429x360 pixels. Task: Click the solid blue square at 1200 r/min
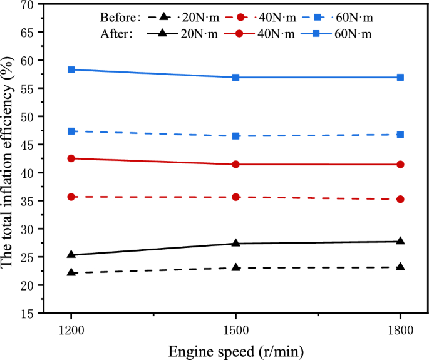click(x=71, y=69)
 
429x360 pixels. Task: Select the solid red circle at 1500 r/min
click(x=235, y=164)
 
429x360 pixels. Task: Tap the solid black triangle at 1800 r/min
click(x=400, y=241)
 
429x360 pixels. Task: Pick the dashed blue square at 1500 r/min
click(x=235, y=136)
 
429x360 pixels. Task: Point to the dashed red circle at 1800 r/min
click(x=400, y=199)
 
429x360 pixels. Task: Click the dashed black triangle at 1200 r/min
click(x=71, y=272)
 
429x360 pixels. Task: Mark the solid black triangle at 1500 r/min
click(x=235, y=243)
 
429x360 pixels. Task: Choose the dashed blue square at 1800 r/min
click(x=400, y=135)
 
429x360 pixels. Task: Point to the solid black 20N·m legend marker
click(x=164, y=34)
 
